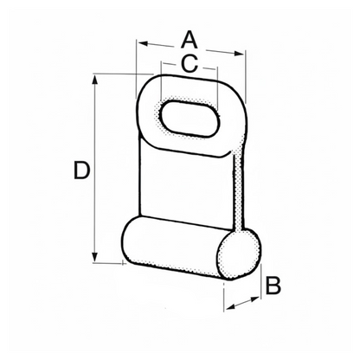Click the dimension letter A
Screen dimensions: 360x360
(x=190, y=41)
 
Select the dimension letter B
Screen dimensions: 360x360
(x=273, y=286)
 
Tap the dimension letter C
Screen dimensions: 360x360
(x=190, y=63)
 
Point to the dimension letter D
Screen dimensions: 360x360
(x=82, y=170)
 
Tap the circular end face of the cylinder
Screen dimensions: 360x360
(x=240, y=254)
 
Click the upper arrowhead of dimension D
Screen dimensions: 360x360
(x=94, y=80)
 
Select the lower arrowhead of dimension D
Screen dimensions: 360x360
(x=94, y=257)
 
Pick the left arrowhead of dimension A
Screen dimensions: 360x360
(x=144, y=44)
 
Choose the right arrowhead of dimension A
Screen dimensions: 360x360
(x=239, y=54)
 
